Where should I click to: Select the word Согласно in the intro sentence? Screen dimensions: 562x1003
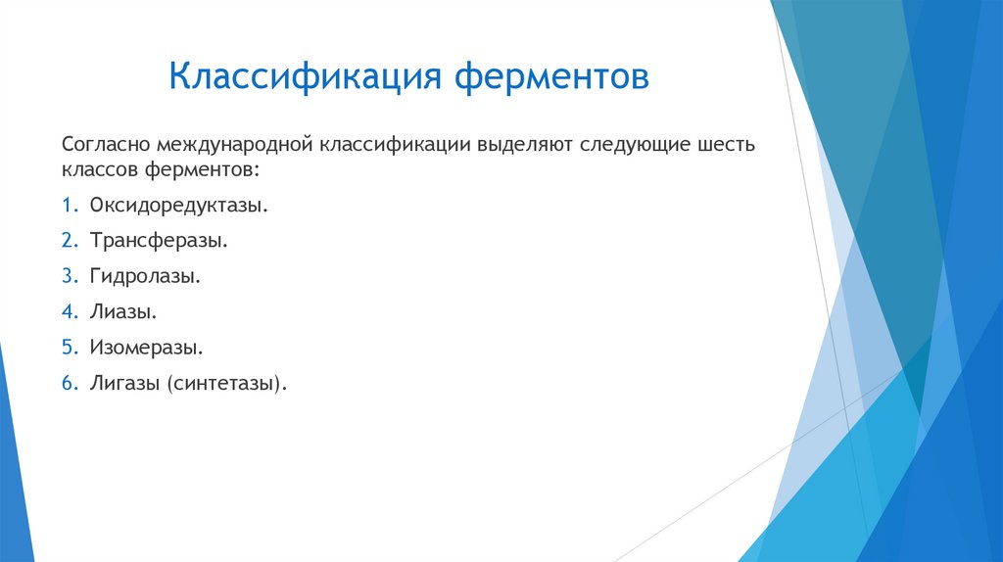click(102, 145)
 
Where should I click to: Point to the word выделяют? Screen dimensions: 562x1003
click(525, 145)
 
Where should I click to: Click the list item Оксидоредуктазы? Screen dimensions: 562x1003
click(178, 206)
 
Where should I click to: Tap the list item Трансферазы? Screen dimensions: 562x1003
click(159, 241)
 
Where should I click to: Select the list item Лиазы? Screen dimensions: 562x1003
click(123, 311)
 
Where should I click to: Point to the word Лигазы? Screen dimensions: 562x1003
click(124, 382)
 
